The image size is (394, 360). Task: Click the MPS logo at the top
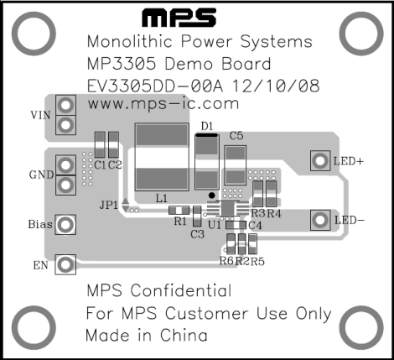click(x=179, y=18)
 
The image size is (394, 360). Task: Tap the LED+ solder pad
click(x=320, y=161)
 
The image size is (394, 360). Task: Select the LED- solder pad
click(x=320, y=220)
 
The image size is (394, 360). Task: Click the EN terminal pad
click(x=65, y=264)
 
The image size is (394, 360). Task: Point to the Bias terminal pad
click(x=65, y=224)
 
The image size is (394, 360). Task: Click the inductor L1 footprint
click(x=162, y=157)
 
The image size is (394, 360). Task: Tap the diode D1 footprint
click(x=207, y=162)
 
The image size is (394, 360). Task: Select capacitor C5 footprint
click(x=236, y=165)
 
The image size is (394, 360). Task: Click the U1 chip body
click(x=227, y=208)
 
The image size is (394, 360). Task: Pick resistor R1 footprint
click(x=179, y=210)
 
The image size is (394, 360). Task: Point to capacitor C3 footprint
click(x=197, y=217)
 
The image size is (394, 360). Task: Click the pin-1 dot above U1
click(x=212, y=196)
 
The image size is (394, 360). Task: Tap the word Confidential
click(x=181, y=290)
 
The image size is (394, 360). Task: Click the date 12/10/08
click(x=276, y=86)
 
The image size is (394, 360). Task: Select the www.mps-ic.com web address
click(x=163, y=104)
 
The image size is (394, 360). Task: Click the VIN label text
click(x=40, y=115)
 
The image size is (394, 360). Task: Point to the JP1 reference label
click(x=109, y=205)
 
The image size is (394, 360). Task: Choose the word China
click(x=184, y=335)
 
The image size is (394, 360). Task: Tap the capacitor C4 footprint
click(x=236, y=225)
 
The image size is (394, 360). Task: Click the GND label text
click(x=41, y=175)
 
